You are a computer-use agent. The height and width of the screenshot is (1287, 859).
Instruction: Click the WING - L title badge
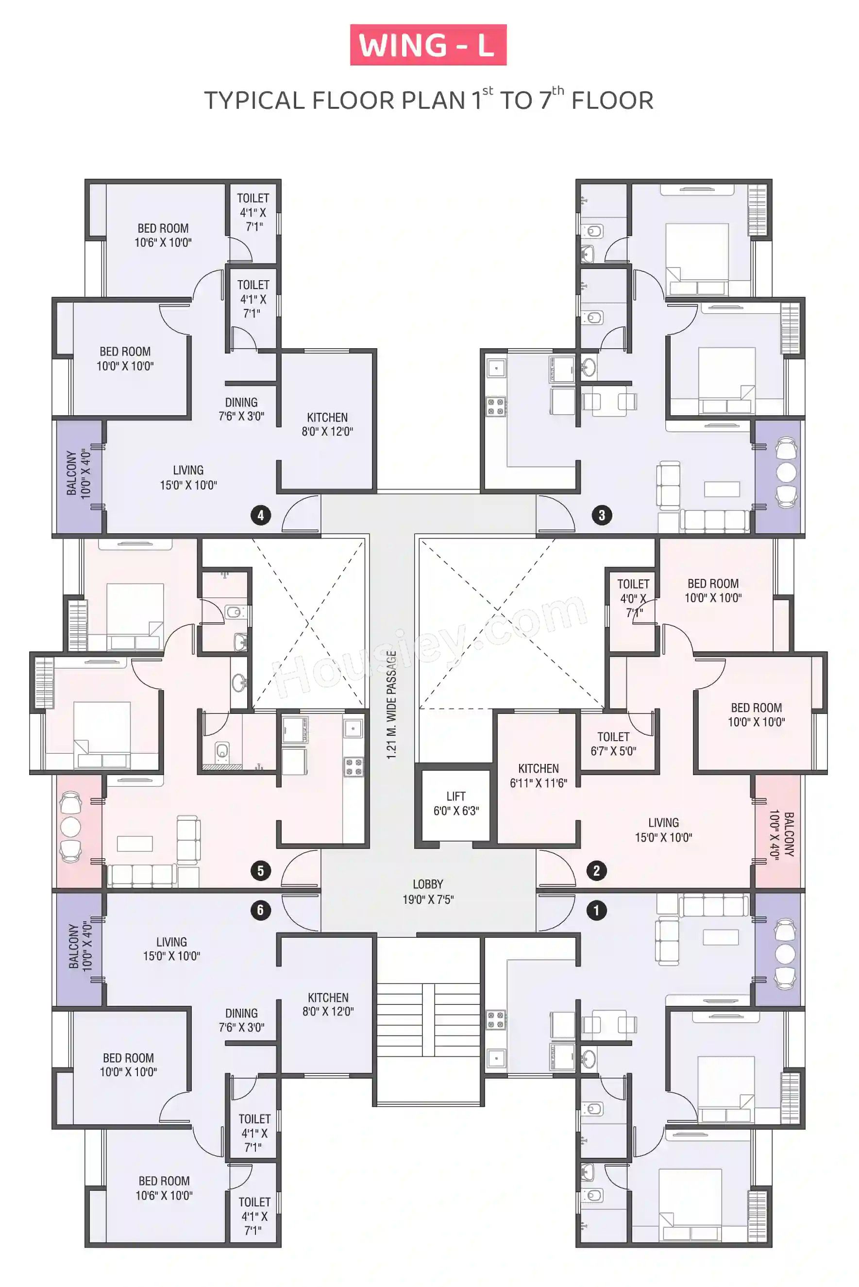(428, 45)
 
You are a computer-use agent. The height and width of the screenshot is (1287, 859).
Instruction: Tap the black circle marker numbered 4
(261, 515)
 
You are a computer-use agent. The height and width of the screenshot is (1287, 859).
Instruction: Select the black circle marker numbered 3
(602, 515)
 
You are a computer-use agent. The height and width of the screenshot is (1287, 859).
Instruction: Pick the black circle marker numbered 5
(261, 871)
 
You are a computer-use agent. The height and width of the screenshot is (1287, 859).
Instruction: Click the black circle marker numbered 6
(261, 911)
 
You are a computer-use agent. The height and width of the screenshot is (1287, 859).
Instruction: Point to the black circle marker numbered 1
(597, 911)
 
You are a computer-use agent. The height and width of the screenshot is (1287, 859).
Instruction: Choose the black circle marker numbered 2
(597, 871)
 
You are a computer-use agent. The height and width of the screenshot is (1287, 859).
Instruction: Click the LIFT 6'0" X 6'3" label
(456, 803)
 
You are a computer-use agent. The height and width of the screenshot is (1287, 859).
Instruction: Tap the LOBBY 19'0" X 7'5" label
(428, 891)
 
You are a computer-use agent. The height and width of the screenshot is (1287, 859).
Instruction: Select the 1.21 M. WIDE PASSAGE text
(391, 705)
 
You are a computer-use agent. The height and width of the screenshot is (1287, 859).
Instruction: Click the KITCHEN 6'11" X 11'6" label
(539, 776)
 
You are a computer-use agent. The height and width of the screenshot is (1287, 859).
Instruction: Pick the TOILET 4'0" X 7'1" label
(633, 598)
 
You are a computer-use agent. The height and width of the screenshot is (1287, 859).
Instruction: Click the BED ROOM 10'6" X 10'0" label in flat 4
(163, 235)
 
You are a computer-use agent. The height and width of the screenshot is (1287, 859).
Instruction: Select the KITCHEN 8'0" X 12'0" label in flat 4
(327, 424)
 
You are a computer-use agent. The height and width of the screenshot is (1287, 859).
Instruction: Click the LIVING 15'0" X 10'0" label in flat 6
(171, 949)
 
